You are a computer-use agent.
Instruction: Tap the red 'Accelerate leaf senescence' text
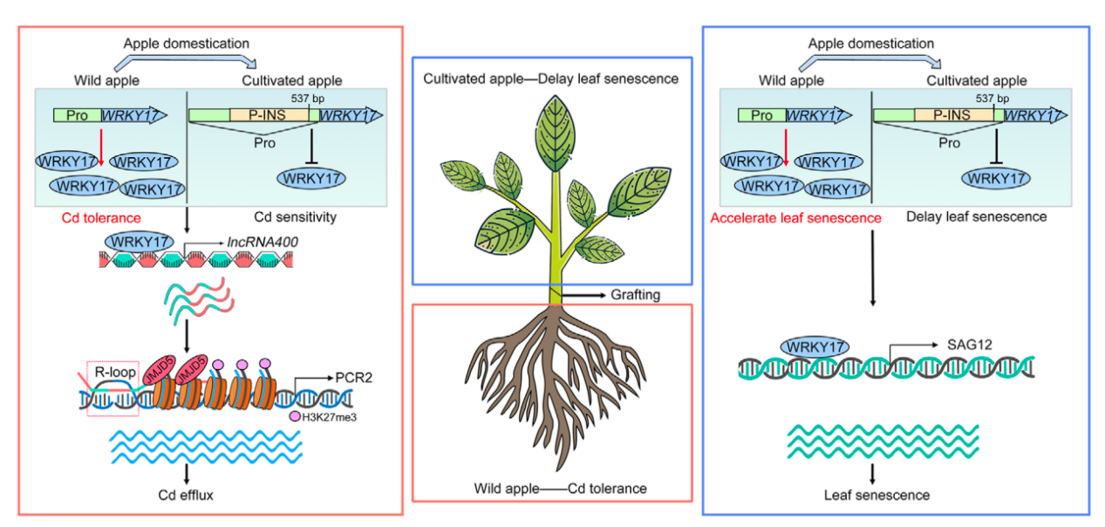[x=795, y=217]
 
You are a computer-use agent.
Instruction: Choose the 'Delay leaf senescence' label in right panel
[x=976, y=217]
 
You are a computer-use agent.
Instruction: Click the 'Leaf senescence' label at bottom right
[x=876, y=495]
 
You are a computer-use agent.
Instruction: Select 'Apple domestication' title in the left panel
[x=187, y=43]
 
